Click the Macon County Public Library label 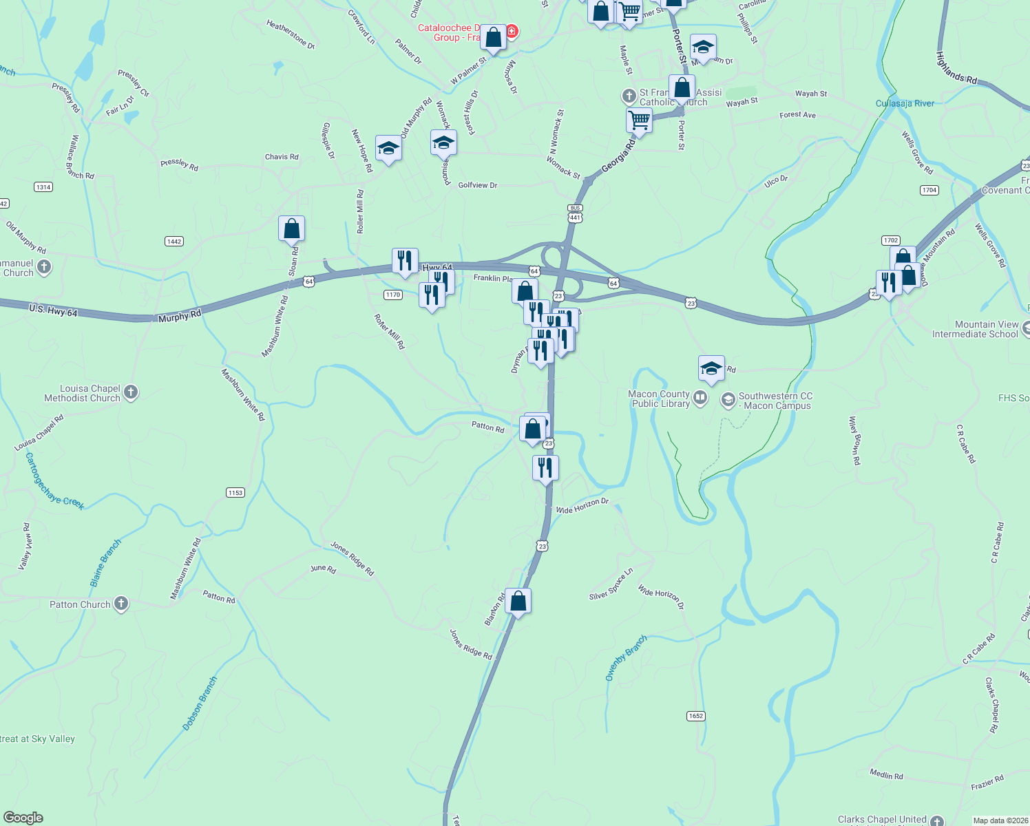pos(660,399)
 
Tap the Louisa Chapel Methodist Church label pos(82,393)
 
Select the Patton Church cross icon pos(121,604)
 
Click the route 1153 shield pos(235,492)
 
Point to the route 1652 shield pos(696,716)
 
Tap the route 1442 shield pos(174,241)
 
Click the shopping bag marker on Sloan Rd pos(291,229)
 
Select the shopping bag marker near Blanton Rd pos(518,602)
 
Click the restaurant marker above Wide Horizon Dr pos(545,468)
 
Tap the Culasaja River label pos(905,103)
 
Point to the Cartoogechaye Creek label pos(54,481)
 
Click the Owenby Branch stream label pos(626,658)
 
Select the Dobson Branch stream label pos(200,703)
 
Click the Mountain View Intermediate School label pos(975,329)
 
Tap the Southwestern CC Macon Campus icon pos(728,400)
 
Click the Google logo pos(23,818)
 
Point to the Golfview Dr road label pos(477,185)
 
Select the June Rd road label pos(323,569)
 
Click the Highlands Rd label pos(956,68)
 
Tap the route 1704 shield pos(929,190)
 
